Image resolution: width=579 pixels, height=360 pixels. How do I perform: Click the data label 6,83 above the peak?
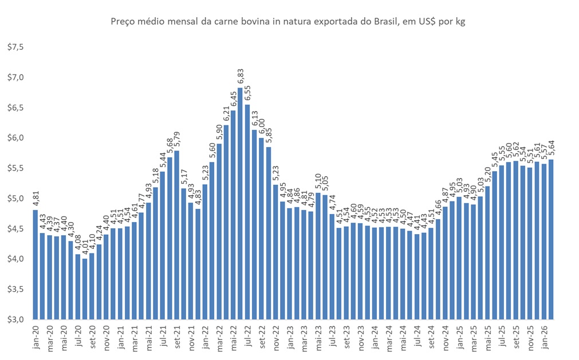coord(241,78)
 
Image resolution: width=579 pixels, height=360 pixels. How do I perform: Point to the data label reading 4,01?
coord(85,248)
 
